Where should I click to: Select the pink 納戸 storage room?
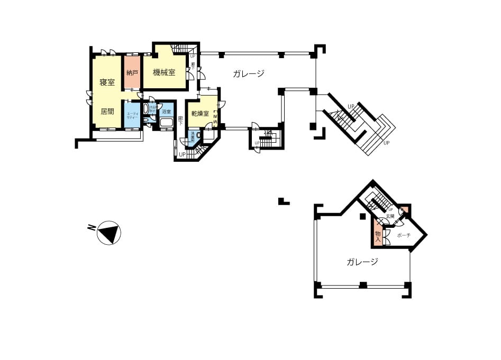(x=132, y=72)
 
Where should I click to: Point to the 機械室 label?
(x=164, y=72)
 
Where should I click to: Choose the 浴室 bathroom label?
(x=167, y=112)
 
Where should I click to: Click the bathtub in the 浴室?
(x=167, y=123)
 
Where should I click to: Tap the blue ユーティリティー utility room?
(x=132, y=116)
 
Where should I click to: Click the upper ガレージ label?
(x=248, y=74)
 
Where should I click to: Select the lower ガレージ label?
(x=362, y=262)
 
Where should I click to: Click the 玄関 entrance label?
(x=390, y=216)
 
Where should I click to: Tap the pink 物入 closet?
(x=378, y=234)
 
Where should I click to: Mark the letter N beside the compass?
(x=92, y=228)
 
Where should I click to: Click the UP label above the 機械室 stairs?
(x=192, y=56)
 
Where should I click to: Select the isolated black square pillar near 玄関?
(x=362, y=216)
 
